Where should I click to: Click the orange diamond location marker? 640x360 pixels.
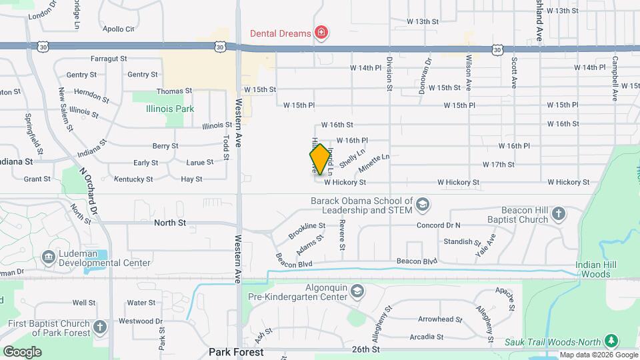320,159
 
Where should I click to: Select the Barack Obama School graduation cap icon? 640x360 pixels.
422,203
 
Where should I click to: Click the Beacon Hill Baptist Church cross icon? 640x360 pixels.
558,214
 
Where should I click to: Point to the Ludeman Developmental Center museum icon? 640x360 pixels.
48,257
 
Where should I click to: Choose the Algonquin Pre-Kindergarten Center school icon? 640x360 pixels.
358,291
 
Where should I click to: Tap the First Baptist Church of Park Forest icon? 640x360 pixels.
99,327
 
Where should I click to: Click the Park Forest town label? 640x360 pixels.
236,351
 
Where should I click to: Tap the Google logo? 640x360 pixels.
22,351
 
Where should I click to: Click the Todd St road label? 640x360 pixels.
227,146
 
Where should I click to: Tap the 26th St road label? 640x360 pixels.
366,349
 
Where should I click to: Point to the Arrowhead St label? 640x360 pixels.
439,319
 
